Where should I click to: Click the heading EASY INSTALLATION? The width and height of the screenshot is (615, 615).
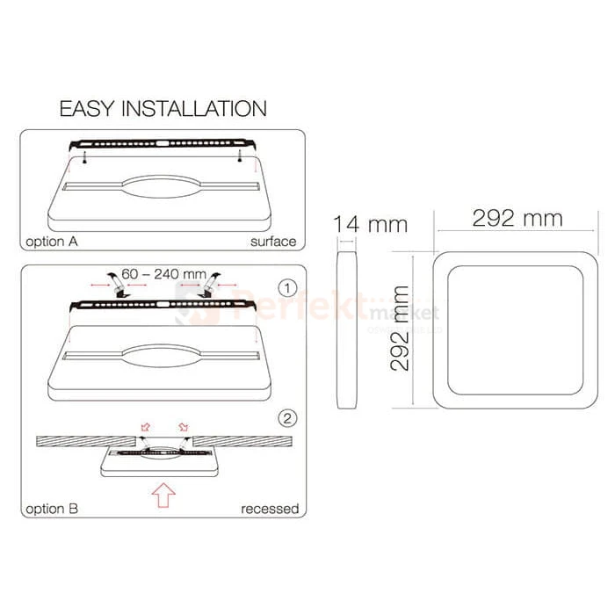[x=163, y=110]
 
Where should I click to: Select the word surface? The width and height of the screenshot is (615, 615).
[x=272, y=242]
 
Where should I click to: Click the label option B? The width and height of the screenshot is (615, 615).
[x=56, y=508]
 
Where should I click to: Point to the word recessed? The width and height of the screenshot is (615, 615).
[x=269, y=509]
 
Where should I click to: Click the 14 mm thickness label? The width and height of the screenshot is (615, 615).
[x=370, y=224]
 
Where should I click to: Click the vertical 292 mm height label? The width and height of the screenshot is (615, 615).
[x=400, y=326]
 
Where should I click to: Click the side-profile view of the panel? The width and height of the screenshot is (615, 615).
[x=347, y=329]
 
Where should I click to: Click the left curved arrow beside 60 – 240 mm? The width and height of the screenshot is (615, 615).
[x=113, y=282]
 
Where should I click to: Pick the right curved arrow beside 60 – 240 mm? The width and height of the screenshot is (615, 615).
[x=209, y=283]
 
